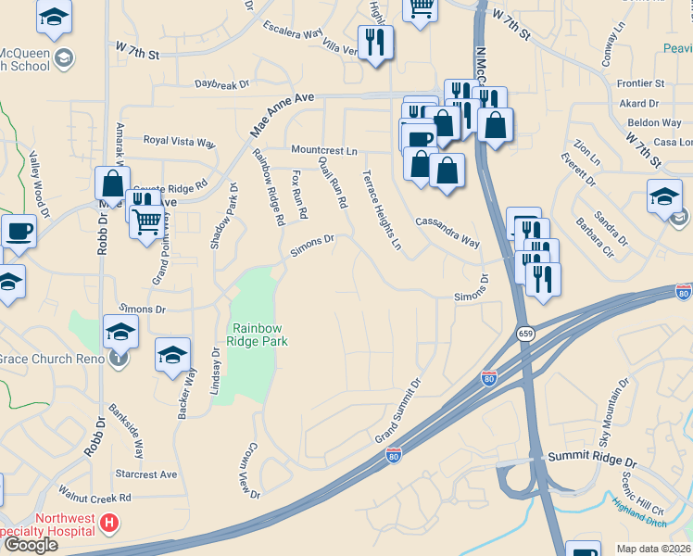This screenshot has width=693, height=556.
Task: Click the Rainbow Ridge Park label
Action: coord(260,335)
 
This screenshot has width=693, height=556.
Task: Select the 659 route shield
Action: coord(524,334)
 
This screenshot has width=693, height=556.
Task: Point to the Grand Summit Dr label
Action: coord(397,410)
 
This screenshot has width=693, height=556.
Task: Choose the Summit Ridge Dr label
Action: coord(593,460)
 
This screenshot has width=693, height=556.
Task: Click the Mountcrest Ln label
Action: coord(323,150)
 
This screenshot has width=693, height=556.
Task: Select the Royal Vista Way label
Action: coord(179,142)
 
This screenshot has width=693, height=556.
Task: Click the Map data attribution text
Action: coord(654,549)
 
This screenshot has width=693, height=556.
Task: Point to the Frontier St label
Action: coord(641,83)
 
